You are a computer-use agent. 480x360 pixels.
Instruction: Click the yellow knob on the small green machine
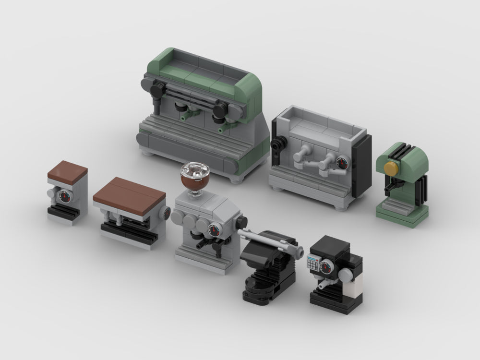click(x=392, y=168)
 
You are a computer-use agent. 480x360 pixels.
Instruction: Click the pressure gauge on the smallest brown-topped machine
click(x=63, y=196)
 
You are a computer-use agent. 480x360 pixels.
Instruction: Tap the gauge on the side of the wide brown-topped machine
click(x=165, y=213)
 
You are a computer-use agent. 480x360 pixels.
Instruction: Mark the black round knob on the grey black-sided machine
click(x=277, y=143)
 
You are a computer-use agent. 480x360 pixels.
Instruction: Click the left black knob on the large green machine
click(x=157, y=89)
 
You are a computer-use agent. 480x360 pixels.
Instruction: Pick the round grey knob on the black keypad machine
click(x=346, y=274)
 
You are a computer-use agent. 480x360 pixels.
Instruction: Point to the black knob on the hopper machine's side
click(x=241, y=222)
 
